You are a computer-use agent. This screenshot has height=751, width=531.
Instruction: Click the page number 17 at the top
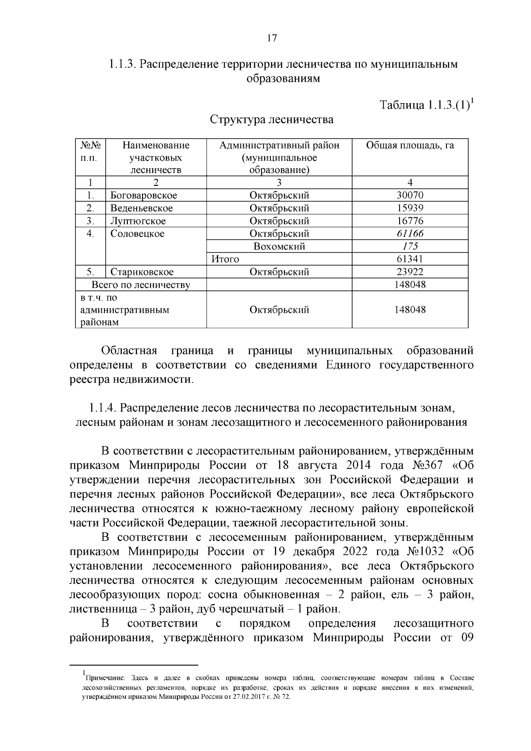(x=272, y=38)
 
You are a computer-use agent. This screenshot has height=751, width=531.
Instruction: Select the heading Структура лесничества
(x=272, y=119)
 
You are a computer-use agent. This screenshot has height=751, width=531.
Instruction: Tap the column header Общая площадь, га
(x=410, y=145)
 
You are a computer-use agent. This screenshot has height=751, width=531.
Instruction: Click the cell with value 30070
(x=410, y=195)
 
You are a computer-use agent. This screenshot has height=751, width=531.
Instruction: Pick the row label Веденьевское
(x=142, y=208)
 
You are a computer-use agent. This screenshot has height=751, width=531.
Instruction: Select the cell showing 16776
(x=410, y=221)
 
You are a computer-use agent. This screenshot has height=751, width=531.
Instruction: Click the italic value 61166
(x=410, y=234)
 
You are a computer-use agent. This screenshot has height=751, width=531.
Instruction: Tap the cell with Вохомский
(x=279, y=246)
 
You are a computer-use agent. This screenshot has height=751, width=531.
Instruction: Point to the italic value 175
(x=410, y=246)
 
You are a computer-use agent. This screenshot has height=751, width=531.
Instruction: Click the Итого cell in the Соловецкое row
(x=225, y=259)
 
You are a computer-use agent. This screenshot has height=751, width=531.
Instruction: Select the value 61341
(x=410, y=259)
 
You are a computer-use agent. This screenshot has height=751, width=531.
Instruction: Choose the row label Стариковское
(x=142, y=272)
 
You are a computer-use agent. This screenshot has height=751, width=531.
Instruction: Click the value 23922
(x=410, y=272)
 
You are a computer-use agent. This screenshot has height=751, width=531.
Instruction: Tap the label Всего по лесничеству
(x=141, y=285)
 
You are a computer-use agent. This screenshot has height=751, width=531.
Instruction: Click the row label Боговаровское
(x=144, y=195)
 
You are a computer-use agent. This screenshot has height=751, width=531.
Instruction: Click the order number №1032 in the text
(x=424, y=552)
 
